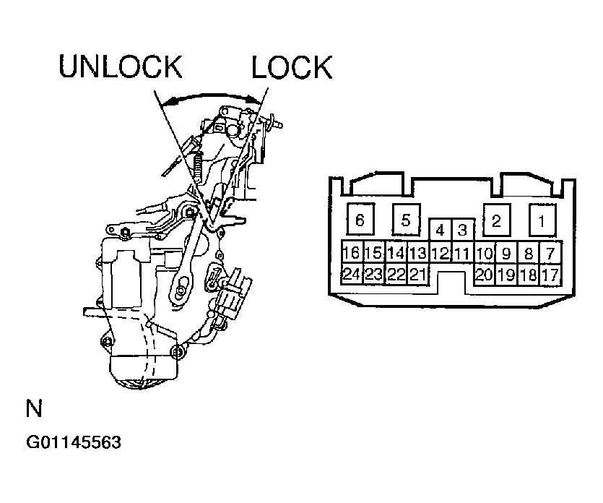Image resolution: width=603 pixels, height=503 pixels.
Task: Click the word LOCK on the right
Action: tap(291, 67)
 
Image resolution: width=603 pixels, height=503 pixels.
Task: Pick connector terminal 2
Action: tap(495, 220)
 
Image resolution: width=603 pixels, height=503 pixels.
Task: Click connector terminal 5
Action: tap(404, 220)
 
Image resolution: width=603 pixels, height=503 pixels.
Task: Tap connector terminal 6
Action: tap(360, 220)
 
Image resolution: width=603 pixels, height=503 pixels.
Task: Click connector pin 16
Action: tap(351, 253)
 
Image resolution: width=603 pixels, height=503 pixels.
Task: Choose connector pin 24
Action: tap(351, 275)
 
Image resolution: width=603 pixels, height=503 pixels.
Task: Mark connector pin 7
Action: tap(550, 253)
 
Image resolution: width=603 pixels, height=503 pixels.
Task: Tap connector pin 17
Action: tap(550, 275)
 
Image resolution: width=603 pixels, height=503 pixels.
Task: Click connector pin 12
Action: tap(440, 253)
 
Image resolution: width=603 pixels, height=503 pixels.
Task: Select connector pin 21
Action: tap(418, 275)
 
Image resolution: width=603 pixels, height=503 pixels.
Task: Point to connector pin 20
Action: tap(484, 275)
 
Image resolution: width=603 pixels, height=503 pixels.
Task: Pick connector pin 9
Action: tap(506, 253)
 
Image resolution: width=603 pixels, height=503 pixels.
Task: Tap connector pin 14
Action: tap(396, 253)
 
